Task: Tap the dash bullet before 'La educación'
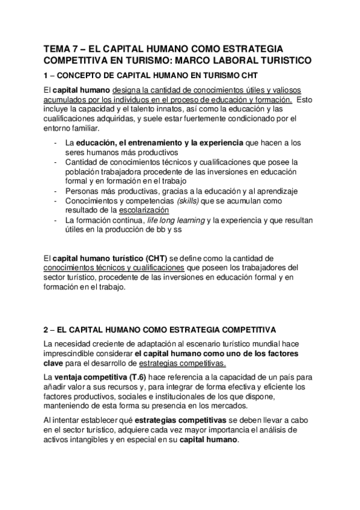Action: [55, 143]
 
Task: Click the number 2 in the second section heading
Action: [47, 330]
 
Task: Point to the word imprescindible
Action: [73, 354]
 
